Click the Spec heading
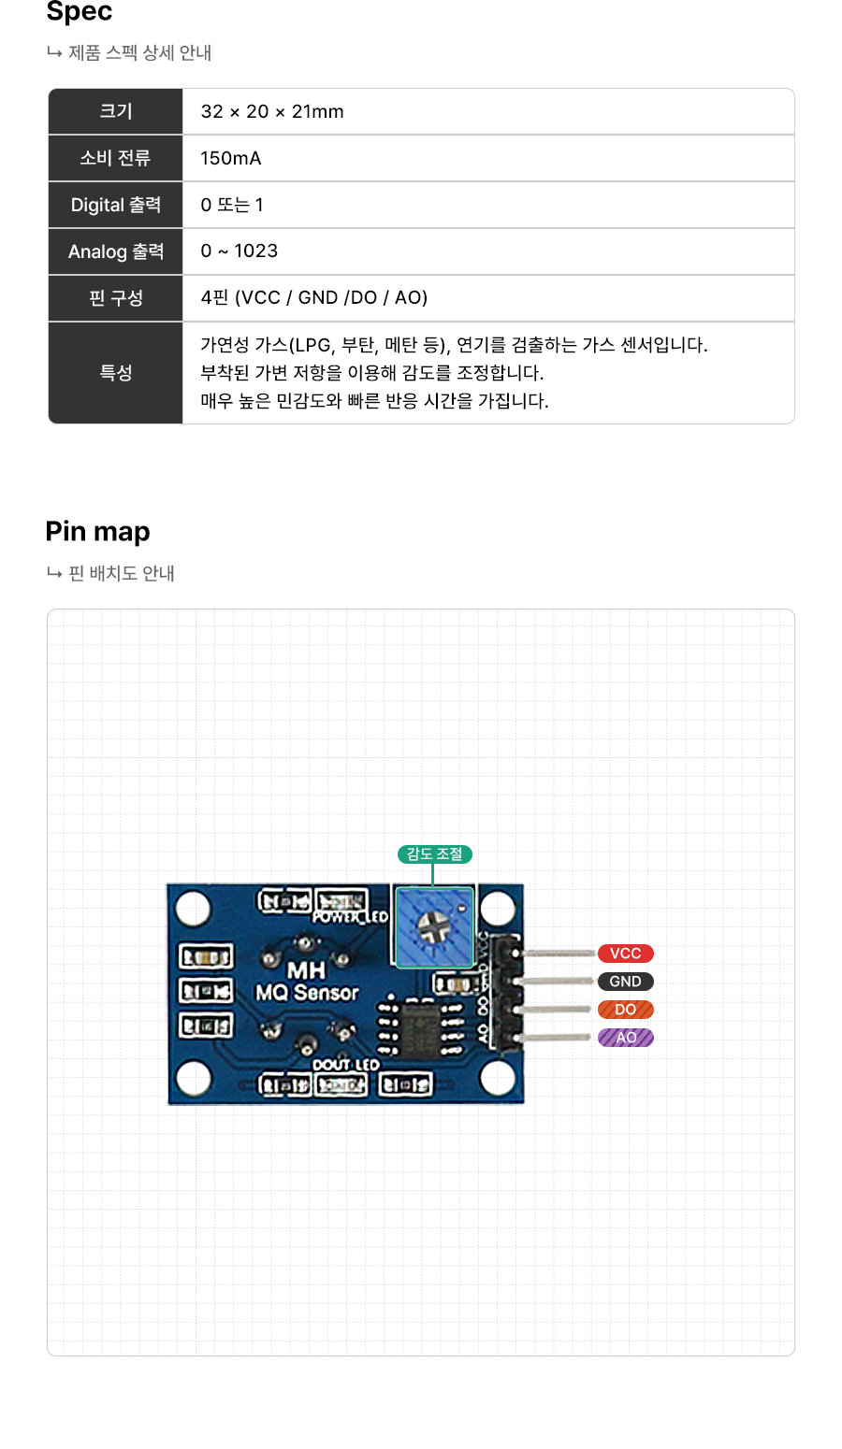(x=80, y=12)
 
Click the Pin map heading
(x=97, y=531)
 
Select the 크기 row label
(x=116, y=111)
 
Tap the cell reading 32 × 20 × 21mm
(x=272, y=111)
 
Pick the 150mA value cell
(x=231, y=158)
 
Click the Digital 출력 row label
(x=116, y=205)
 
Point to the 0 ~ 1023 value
(x=240, y=251)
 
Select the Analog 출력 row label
(x=116, y=251)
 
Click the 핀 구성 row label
(x=116, y=298)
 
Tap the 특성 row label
(x=116, y=372)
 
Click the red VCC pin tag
(x=626, y=954)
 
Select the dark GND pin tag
(x=626, y=982)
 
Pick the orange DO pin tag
(x=626, y=1010)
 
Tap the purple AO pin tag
(x=626, y=1038)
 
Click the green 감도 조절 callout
(x=434, y=854)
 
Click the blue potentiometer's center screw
(x=433, y=926)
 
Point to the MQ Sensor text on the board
(x=308, y=993)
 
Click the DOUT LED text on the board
(x=346, y=1065)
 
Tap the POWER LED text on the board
(x=350, y=917)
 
